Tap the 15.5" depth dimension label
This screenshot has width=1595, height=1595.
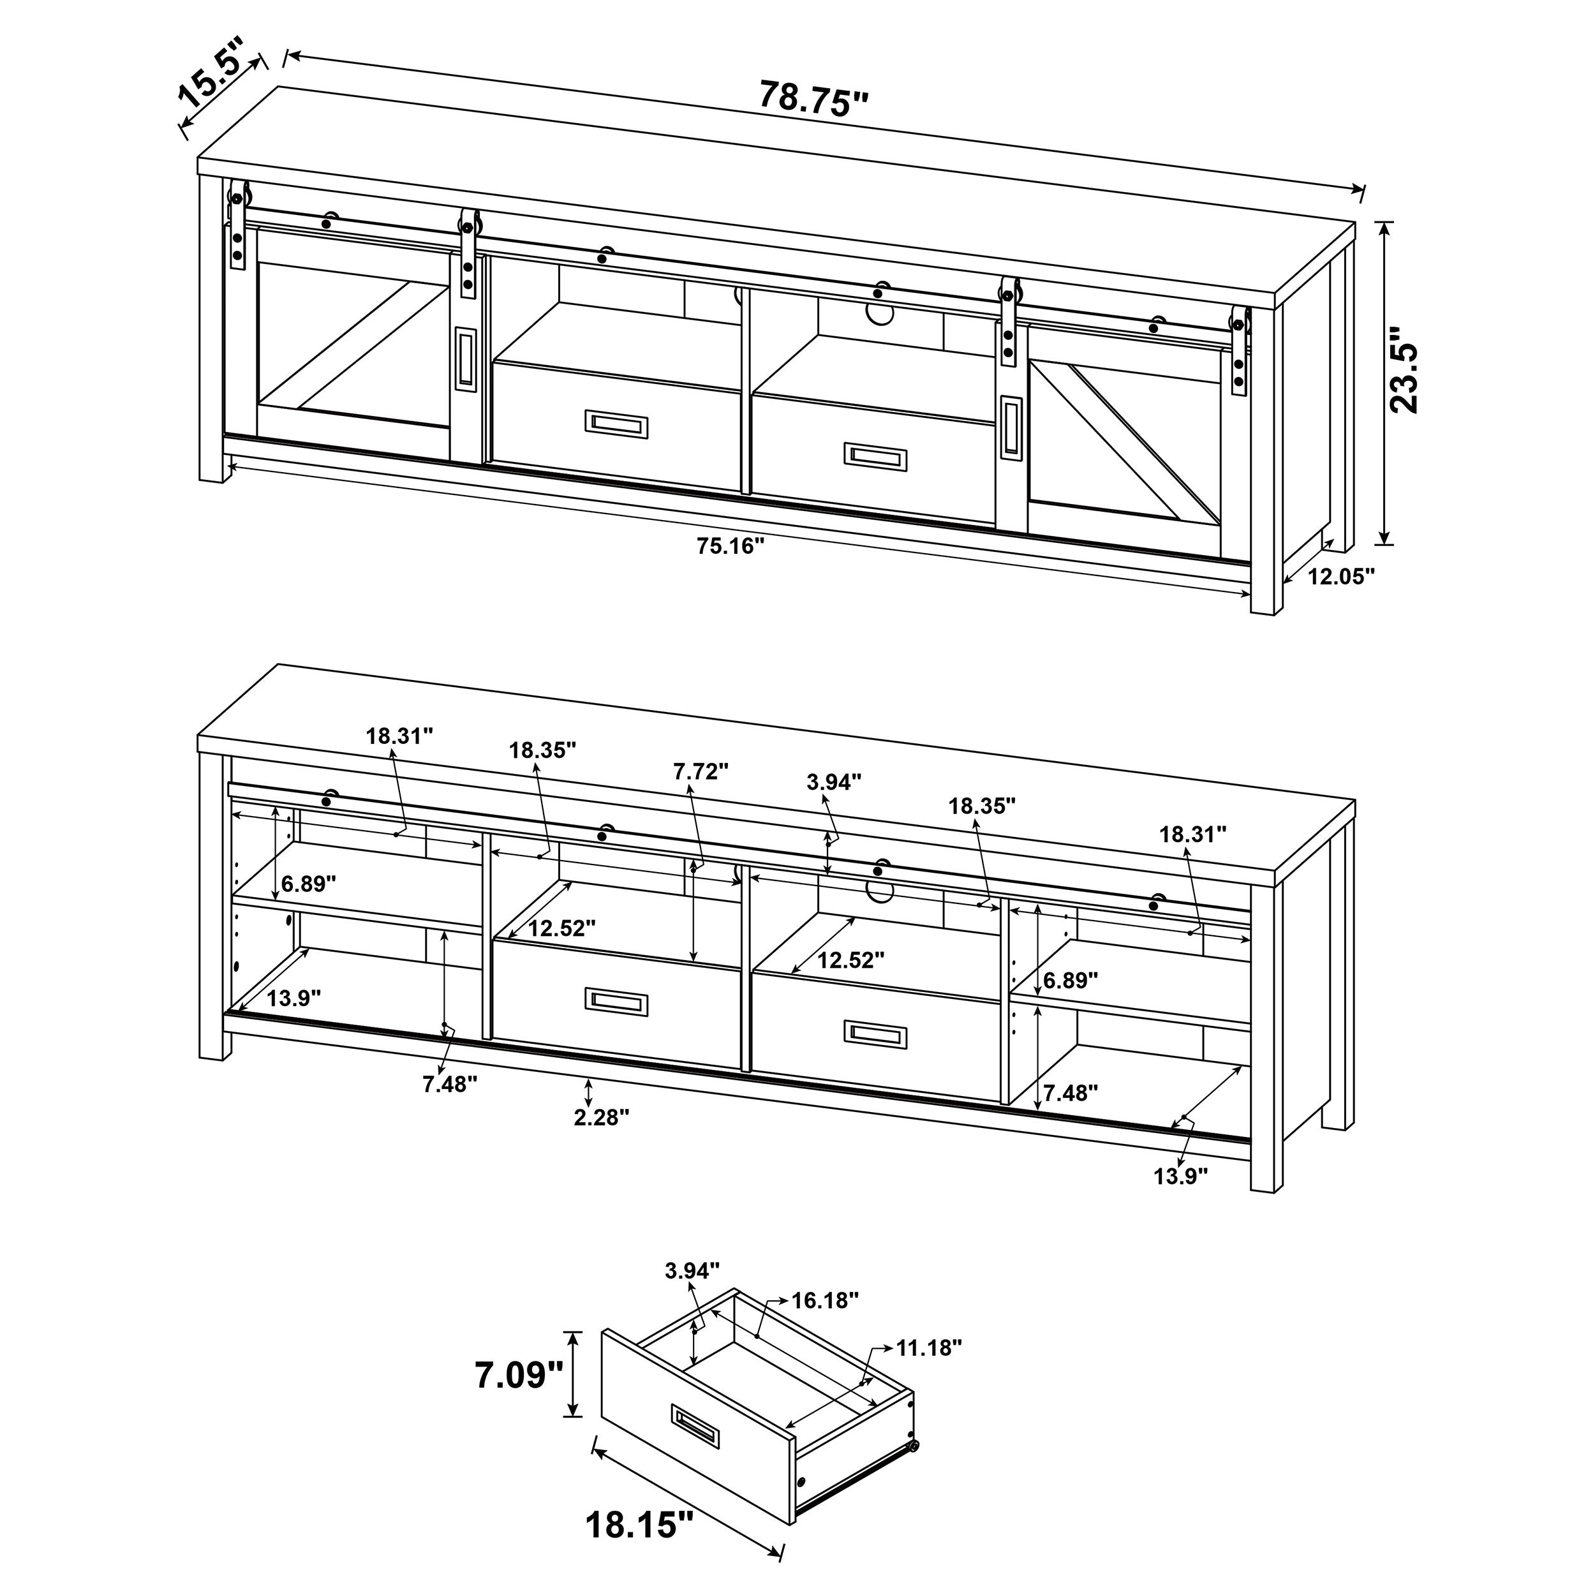[x=212, y=73]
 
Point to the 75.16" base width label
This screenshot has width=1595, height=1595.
[x=731, y=545]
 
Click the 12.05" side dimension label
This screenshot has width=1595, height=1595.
[x=1340, y=576]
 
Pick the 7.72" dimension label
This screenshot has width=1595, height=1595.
[x=701, y=771]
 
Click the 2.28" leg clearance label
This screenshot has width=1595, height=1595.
[x=601, y=1117]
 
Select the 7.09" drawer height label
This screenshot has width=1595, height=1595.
[x=519, y=1375]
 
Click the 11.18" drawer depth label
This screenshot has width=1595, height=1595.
[x=929, y=1348]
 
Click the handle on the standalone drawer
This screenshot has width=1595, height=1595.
[x=697, y=1426]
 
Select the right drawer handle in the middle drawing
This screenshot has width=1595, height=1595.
[x=875, y=1034]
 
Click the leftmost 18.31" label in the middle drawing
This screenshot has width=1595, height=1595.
[x=399, y=736]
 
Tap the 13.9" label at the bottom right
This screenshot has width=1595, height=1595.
[x=1180, y=1176]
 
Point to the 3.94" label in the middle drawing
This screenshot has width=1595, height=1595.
[x=834, y=782]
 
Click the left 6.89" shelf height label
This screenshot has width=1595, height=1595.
[x=309, y=884]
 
